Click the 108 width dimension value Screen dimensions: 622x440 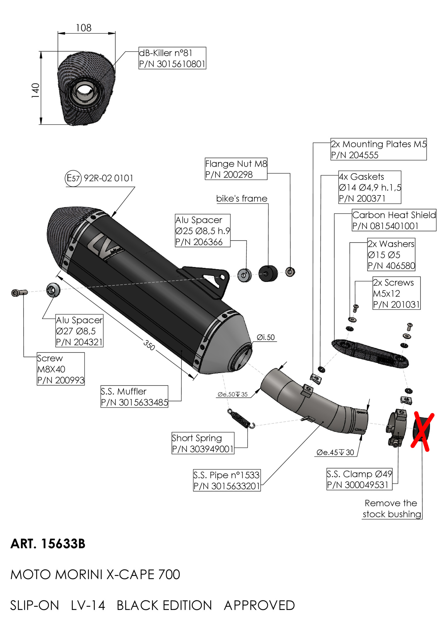84,28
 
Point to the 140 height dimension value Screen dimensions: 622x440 35,90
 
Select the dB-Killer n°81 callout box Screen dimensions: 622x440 172,58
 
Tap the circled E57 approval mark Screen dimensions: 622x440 73,178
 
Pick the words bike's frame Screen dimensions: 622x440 242,199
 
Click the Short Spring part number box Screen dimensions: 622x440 203,443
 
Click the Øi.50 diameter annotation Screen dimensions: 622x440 266,337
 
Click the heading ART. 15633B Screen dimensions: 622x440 48,544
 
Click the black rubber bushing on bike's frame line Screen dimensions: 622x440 268,273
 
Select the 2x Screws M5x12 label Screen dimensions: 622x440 396,293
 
